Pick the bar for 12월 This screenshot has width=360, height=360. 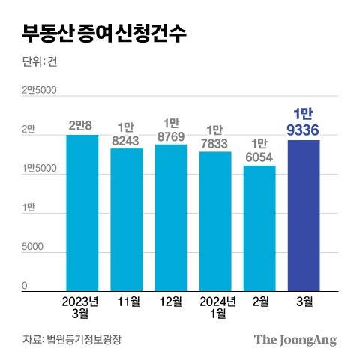[x=170, y=217]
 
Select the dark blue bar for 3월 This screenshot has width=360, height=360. [x=303, y=215]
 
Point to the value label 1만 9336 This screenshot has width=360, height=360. [x=303, y=122]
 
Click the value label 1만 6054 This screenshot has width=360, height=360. [x=259, y=149]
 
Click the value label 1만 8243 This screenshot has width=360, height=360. [x=126, y=132]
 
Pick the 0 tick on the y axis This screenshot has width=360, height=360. [x=24, y=286]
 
